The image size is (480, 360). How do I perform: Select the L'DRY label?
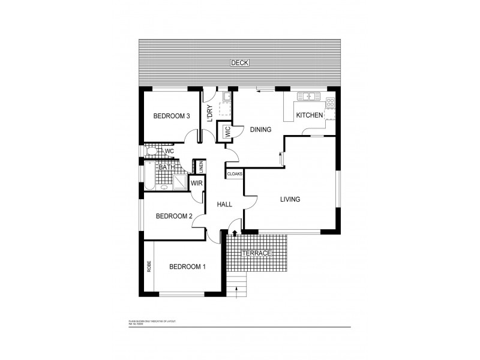click(x=209, y=114)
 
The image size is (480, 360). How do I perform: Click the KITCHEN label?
click(x=310, y=115)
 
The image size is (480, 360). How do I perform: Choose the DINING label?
click(x=260, y=129)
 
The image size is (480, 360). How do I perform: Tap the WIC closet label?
click(x=227, y=132)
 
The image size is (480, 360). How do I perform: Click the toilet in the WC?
click(x=151, y=151)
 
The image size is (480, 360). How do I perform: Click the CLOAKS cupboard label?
click(x=235, y=173)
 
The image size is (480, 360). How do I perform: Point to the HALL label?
click(x=224, y=205)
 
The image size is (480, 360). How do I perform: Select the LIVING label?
click(x=290, y=199)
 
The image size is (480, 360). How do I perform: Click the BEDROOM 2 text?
click(x=173, y=216)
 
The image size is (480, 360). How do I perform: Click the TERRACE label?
click(x=257, y=253)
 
